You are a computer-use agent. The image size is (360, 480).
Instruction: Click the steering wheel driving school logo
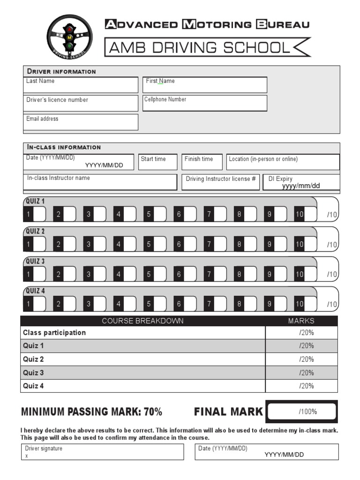[69, 36]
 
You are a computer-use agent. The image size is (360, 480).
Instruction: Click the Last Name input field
[81, 85]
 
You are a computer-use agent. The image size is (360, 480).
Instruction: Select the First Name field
[205, 85]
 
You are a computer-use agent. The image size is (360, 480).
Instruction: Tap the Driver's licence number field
[81, 104]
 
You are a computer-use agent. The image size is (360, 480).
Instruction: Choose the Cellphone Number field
[205, 103]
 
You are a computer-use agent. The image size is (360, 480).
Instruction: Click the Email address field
[81, 122]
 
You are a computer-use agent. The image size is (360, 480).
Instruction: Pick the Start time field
[158, 162]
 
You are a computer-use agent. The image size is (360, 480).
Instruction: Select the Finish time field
[202, 162]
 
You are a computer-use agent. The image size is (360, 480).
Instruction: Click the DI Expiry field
[301, 182]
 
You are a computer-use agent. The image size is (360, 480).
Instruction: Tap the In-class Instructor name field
[100, 182]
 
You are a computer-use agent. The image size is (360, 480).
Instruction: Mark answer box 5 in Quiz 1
[160, 214]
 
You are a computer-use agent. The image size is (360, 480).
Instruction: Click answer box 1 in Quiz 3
[39, 274]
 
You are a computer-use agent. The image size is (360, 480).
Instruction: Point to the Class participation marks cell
[301, 333]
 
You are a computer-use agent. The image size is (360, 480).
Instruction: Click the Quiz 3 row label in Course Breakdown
[34, 373]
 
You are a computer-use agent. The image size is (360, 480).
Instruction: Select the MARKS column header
[301, 321]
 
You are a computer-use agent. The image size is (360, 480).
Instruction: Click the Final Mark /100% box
[302, 412]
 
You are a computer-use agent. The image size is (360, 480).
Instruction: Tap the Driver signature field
[103, 452]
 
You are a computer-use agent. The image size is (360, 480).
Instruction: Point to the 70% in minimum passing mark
[153, 412]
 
